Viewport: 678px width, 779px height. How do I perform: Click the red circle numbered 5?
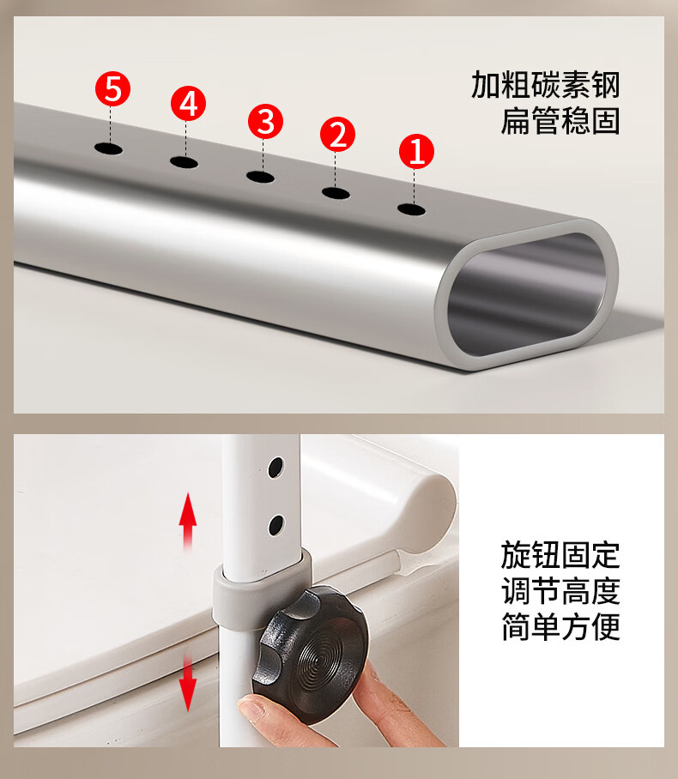pyautogui.click(x=112, y=89)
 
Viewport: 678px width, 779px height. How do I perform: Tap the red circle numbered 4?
pyautogui.click(x=189, y=104)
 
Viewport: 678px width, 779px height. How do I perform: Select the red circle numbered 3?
pyautogui.click(x=265, y=121)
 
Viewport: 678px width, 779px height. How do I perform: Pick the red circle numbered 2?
pyautogui.click(x=337, y=134)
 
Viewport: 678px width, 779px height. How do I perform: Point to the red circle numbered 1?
pyautogui.click(x=416, y=151)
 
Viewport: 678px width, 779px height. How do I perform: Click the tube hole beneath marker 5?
pyautogui.click(x=108, y=148)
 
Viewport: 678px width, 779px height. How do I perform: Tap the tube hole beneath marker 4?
pyautogui.click(x=184, y=162)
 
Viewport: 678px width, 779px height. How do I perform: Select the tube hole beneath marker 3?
pyautogui.click(x=260, y=177)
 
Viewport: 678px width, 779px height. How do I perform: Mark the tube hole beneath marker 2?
pyautogui.click(x=336, y=193)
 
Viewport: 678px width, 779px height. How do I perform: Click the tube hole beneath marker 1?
pyautogui.click(x=412, y=209)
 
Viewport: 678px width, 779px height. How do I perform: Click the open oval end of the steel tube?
pyautogui.click(x=526, y=294)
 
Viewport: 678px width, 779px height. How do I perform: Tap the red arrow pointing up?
pyautogui.click(x=188, y=521)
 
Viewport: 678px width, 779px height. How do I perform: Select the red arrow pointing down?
pyautogui.click(x=187, y=681)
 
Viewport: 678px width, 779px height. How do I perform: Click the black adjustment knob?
pyautogui.click(x=312, y=655)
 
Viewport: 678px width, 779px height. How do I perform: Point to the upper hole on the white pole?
pyautogui.click(x=275, y=468)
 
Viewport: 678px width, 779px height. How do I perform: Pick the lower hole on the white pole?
pyautogui.click(x=275, y=525)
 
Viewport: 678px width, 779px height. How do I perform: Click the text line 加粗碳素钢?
pyautogui.click(x=545, y=85)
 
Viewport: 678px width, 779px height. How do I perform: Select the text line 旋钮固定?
pyautogui.click(x=560, y=555)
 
